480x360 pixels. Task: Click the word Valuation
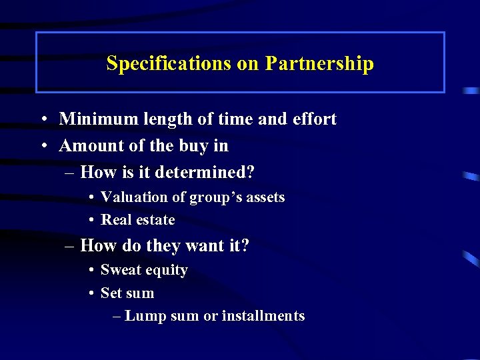click(134, 197)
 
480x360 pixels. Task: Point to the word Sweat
click(120, 270)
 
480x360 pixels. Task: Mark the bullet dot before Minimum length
click(42, 120)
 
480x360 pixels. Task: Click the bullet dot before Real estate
click(89, 221)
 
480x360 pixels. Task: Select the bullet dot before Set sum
click(89, 294)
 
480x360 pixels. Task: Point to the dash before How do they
click(70, 246)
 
